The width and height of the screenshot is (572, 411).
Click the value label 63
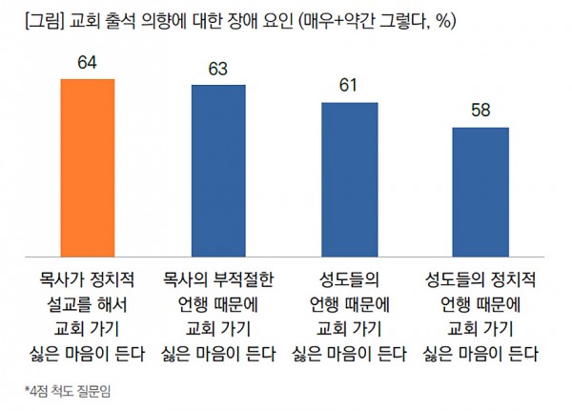218,70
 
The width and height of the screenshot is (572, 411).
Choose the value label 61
349,85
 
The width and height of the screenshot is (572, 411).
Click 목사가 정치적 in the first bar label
87,281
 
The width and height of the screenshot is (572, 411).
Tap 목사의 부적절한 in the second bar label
218,281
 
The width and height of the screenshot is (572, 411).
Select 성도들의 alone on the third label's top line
349,281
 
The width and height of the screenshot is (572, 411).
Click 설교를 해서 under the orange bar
87,306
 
